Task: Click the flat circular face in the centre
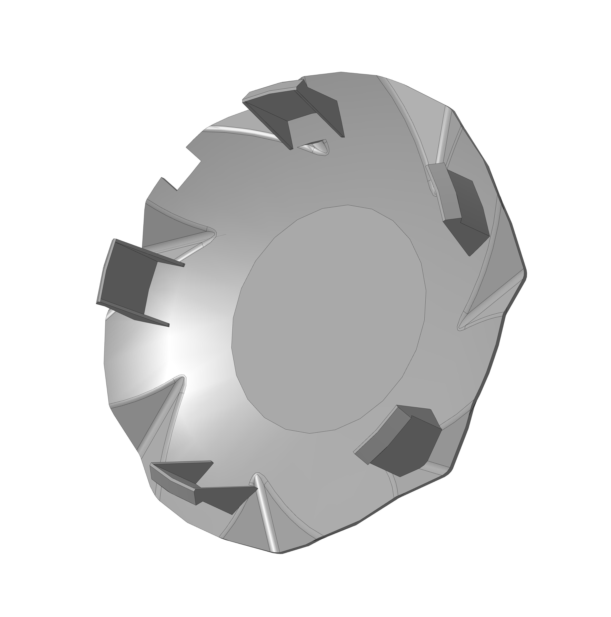coord(329,319)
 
